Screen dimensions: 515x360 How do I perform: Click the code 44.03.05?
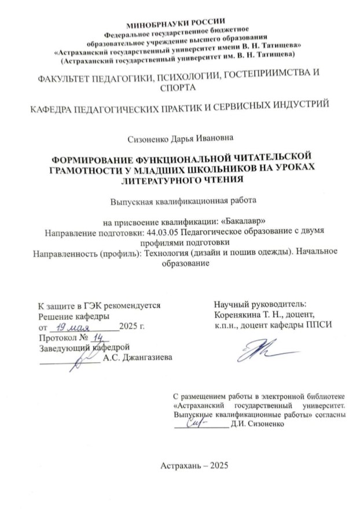(x=158, y=231)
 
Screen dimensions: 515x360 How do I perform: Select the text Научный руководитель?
(x=260, y=304)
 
